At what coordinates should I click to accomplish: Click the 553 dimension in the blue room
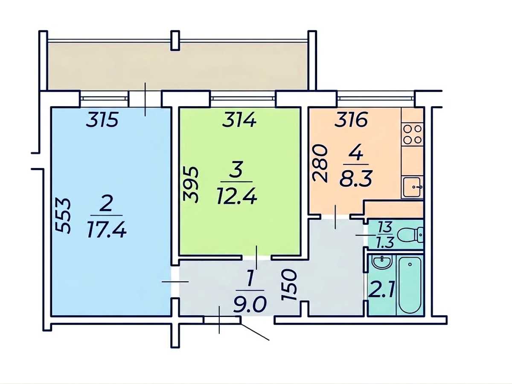tap(63, 215)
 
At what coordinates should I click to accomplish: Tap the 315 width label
tap(102, 119)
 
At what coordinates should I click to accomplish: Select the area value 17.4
tap(107, 230)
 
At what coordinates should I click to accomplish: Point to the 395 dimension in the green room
tap(191, 184)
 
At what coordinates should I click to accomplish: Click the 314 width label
tap(239, 120)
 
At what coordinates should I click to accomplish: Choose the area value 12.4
tap(237, 197)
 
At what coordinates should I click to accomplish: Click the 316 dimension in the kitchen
tap(351, 119)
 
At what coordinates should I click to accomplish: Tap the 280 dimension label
tap(320, 163)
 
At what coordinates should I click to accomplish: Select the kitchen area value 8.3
tap(356, 178)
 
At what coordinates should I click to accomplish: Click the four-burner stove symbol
tap(413, 134)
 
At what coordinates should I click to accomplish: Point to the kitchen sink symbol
tap(412, 187)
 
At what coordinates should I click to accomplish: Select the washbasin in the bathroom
tap(382, 263)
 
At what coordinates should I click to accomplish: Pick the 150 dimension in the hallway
tap(289, 285)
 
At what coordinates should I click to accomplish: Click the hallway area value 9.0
tap(250, 305)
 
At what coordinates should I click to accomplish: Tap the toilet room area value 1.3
tap(386, 242)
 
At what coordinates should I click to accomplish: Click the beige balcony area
tap(177, 67)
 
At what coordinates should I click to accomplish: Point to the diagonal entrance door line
tap(255, 332)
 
